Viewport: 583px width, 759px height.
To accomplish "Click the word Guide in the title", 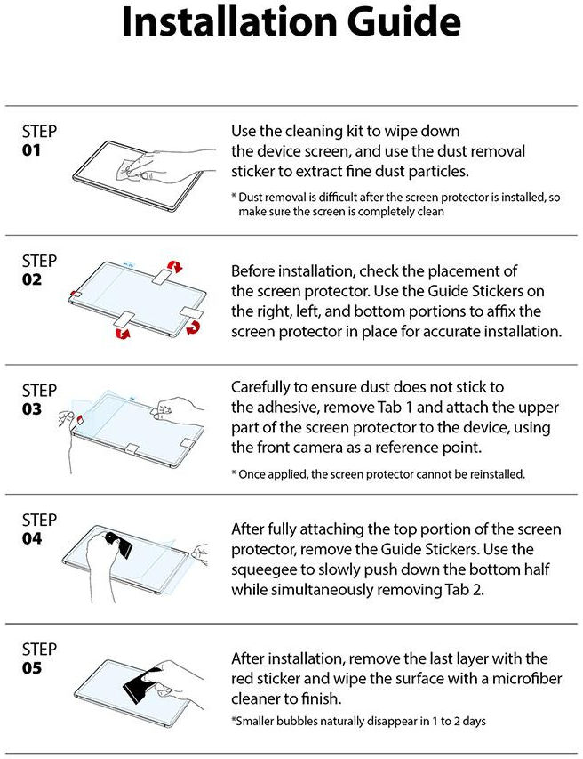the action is click(403, 21).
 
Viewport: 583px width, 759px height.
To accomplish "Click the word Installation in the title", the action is click(229, 21).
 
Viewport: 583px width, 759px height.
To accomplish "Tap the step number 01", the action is click(31, 150).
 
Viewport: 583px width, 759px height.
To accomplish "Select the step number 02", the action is click(31, 279).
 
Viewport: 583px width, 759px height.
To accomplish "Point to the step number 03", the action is click(31, 409).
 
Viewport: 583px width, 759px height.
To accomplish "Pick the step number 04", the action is click(31, 538).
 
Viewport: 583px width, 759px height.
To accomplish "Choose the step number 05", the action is click(31, 668).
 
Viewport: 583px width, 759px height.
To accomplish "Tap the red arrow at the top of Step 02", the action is click(174, 266).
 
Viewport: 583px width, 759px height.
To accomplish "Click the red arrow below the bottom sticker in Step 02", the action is click(123, 333).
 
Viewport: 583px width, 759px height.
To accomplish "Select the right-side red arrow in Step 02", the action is click(194, 327).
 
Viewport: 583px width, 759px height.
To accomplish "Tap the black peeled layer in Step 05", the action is click(140, 683).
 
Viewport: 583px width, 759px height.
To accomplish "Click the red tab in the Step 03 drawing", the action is click(79, 419).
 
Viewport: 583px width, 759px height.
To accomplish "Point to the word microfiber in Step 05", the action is click(527, 678).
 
